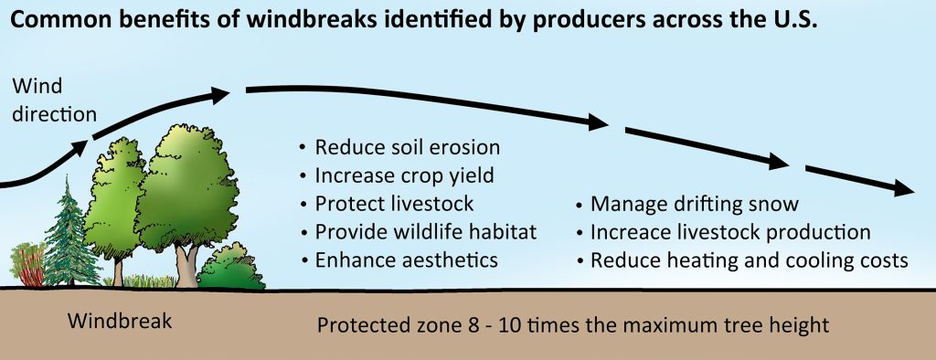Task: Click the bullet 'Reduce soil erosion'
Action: (x=407, y=148)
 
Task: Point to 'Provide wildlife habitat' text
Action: (x=425, y=232)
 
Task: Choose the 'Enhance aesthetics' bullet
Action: (x=406, y=259)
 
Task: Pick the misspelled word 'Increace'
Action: (x=628, y=232)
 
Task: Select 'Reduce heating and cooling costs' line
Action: (x=749, y=259)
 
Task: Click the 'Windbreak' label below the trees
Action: (x=120, y=322)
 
